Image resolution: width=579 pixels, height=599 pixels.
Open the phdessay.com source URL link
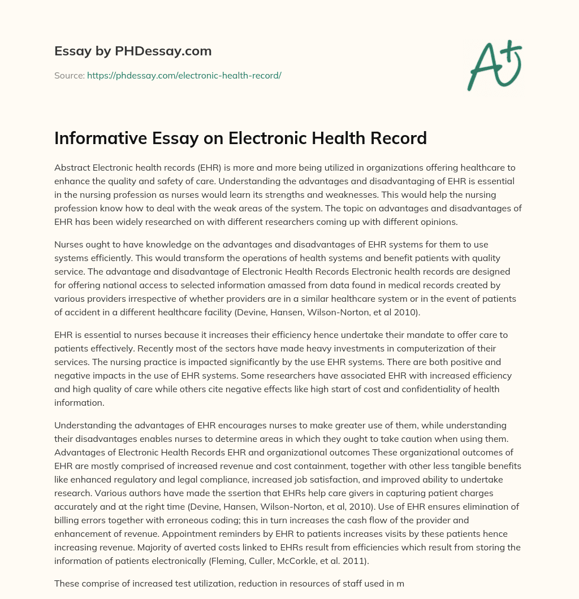pyautogui.click(x=184, y=75)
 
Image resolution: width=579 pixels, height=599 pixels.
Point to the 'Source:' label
pyautogui.click(x=69, y=75)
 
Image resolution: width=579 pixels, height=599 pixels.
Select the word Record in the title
pyautogui.click(x=395, y=138)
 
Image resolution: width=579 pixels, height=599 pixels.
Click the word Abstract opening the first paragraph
pyautogui.click(x=72, y=167)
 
